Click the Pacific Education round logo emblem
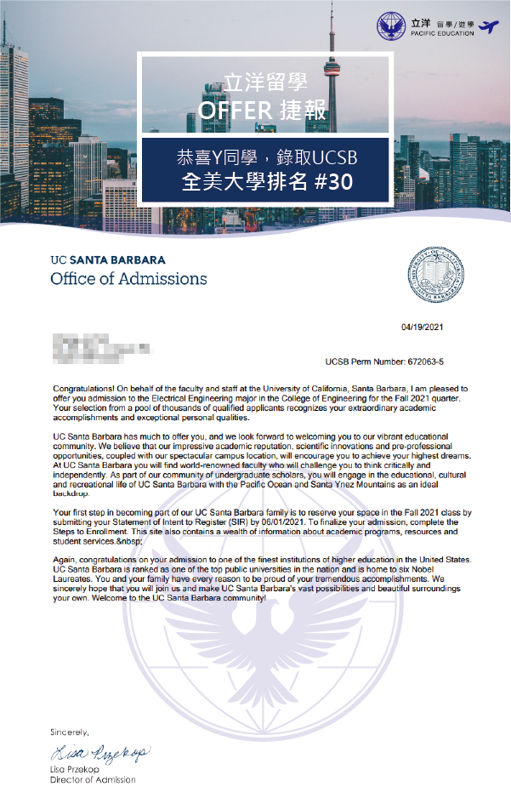click(x=392, y=26)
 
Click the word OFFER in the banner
click(x=234, y=110)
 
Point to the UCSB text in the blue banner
click(x=321, y=157)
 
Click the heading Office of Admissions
click(x=128, y=278)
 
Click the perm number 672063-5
click(x=445, y=362)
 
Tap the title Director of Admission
click(x=92, y=779)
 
